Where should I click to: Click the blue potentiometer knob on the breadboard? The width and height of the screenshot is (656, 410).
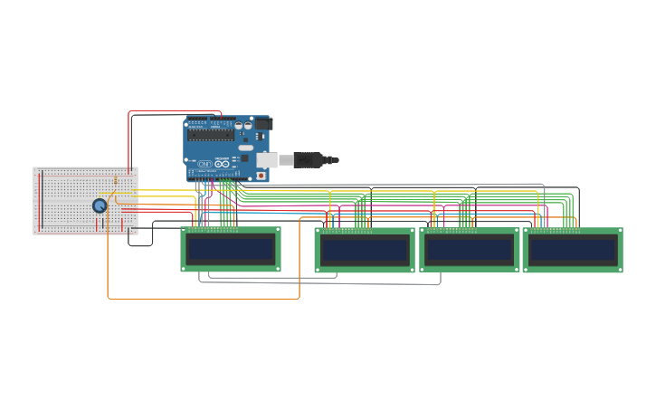click(100, 205)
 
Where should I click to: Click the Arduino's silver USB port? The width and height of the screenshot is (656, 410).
click(266, 160)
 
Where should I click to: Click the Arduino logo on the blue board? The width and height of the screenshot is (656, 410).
click(205, 164)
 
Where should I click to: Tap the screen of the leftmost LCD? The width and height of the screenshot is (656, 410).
click(231, 250)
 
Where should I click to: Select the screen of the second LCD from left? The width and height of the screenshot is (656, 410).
click(365, 251)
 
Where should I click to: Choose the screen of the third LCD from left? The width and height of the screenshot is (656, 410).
click(470, 251)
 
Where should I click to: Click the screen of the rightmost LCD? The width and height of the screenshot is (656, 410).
click(573, 251)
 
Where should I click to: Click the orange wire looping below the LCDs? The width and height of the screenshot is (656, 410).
click(204, 299)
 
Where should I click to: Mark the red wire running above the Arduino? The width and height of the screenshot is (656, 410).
click(172, 111)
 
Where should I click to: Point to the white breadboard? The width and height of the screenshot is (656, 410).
click(72, 201)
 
